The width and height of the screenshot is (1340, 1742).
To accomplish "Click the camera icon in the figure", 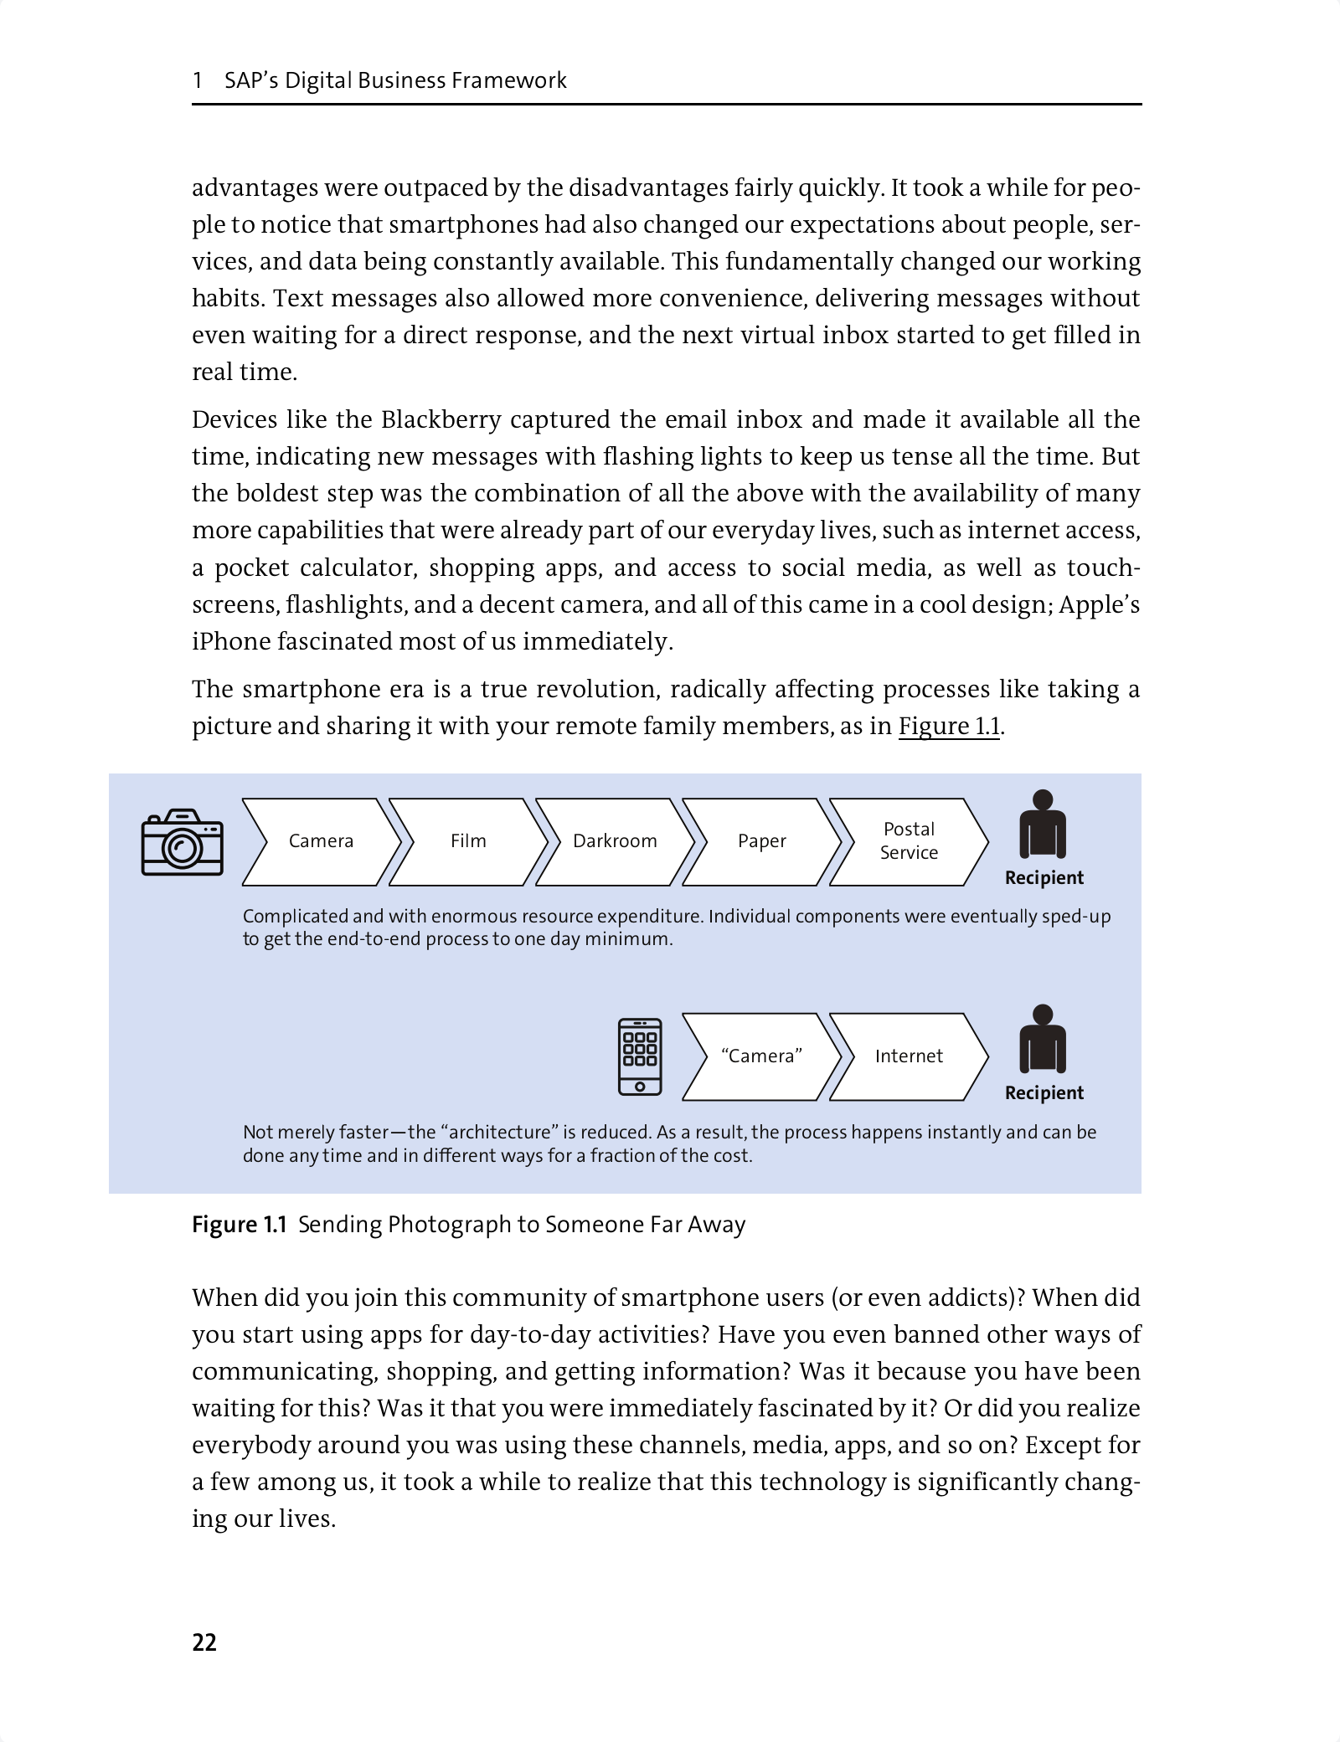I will pyautogui.click(x=183, y=842).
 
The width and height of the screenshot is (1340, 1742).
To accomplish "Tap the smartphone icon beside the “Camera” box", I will pyautogui.click(x=640, y=1056).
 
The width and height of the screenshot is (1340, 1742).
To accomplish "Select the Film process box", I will pyautogui.click(x=467, y=841).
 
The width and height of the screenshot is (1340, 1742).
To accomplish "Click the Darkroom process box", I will pyautogui.click(x=615, y=841).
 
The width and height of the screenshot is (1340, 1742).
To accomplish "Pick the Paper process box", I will pyautogui.click(x=761, y=841).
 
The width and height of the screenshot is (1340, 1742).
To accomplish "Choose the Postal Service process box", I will pyautogui.click(x=909, y=841).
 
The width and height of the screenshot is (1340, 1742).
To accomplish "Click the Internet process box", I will pyautogui.click(x=909, y=1056).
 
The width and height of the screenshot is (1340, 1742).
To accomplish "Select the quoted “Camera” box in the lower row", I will pyautogui.click(x=761, y=1056).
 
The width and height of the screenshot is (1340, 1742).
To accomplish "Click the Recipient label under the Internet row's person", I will pyautogui.click(x=1044, y=1093).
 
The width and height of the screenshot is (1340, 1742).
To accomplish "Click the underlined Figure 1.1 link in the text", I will pyautogui.click(x=949, y=726).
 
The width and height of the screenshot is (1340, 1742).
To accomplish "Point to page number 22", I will pyautogui.click(x=204, y=1642).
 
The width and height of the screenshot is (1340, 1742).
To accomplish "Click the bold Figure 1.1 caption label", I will pyautogui.click(x=240, y=1225).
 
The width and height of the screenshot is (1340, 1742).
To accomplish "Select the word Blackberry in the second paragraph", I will pyautogui.click(x=441, y=419).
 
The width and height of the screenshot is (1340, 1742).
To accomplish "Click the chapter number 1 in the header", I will pyautogui.click(x=198, y=80).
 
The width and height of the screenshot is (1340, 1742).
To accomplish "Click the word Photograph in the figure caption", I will pyautogui.click(x=449, y=1225).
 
